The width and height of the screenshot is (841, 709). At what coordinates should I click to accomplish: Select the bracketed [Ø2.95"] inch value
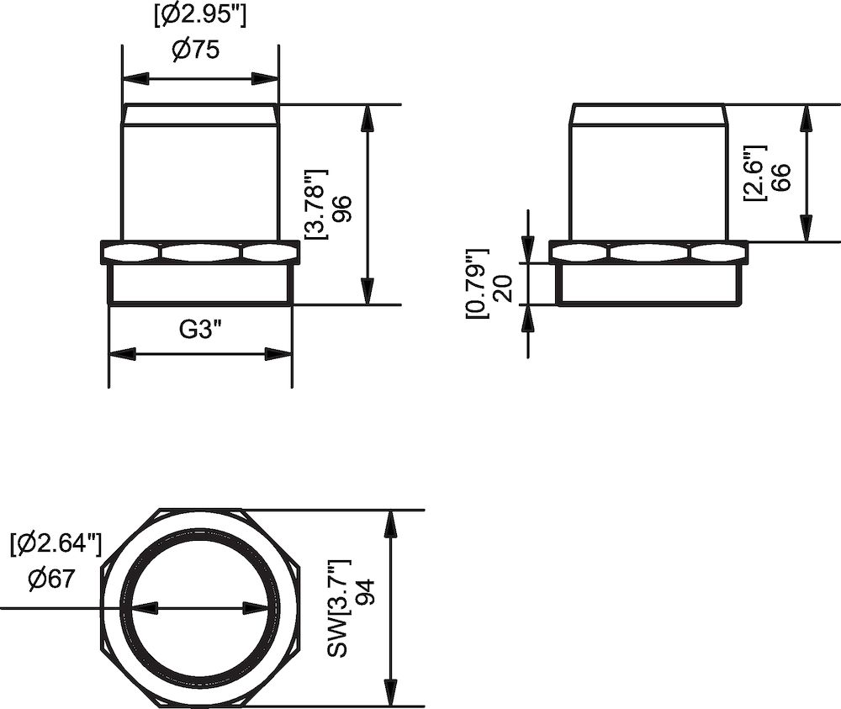[200, 15]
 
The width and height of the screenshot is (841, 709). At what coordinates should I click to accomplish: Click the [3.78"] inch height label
[315, 204]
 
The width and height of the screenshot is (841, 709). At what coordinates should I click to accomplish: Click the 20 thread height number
[504, 287]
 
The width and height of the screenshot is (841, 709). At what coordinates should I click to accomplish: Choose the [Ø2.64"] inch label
[56, 545]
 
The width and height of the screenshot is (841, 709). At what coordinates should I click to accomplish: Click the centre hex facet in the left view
[199, 251]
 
